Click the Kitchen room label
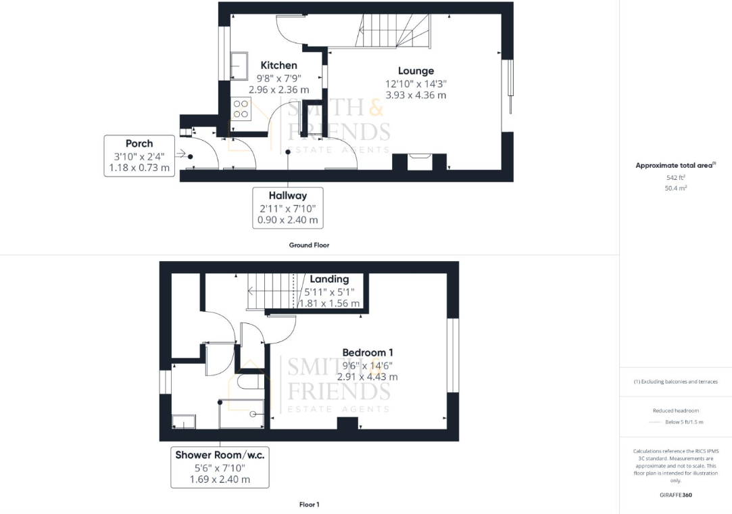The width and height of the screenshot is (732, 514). coord(278,66)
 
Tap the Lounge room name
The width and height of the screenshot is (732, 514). coord(416,71)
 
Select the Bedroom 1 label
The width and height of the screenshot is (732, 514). coord(368,352)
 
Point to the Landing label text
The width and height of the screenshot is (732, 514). coord(329,279)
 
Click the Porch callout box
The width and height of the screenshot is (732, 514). coord(139,156)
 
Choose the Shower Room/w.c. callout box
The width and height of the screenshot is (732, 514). coord(220,467)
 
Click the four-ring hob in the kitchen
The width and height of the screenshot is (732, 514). coord(241,109)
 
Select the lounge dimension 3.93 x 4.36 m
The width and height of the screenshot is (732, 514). coord(416,95)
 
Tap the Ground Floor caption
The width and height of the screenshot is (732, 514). coord(310,245)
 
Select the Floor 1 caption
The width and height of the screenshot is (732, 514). coord(309,505)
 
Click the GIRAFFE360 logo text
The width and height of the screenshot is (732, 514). coord(675,494)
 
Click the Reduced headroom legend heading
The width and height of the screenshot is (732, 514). coord(675,411)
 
